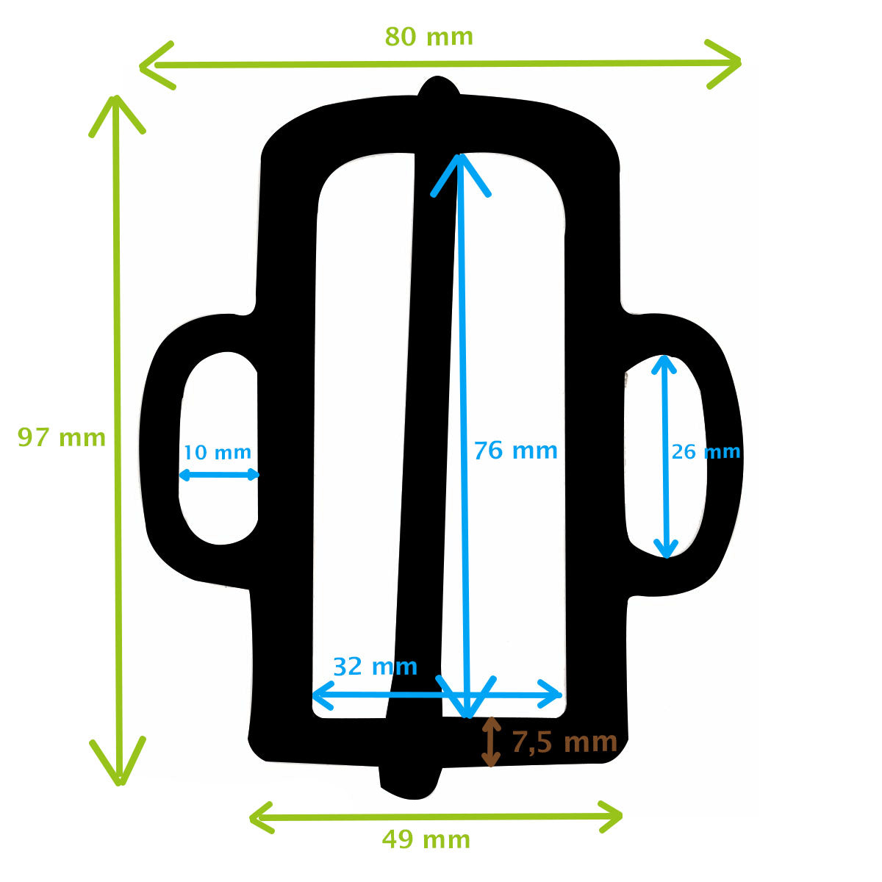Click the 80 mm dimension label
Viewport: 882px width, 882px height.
[429, 36]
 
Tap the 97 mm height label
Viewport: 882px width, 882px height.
[62, 438]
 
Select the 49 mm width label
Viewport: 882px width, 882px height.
[426, 839]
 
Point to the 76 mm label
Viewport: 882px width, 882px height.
[515, 450]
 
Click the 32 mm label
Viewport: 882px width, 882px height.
[375, 667]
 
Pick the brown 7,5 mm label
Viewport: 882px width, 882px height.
[564, 742]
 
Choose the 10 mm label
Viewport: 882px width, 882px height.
[217, 453]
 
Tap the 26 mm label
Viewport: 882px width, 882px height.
[706, 451]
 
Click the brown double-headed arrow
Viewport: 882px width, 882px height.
[491, 742]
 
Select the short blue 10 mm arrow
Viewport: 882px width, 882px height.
[219, 475]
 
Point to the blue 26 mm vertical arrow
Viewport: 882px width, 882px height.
[665, 456]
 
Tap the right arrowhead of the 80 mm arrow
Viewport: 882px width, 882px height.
[728, 63]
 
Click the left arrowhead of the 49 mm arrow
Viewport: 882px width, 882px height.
[261, 817]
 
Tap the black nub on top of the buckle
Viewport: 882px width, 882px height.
[439, 87]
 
